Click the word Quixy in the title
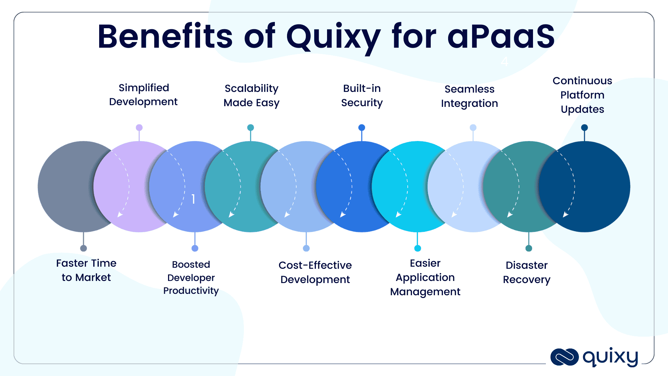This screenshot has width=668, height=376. [x=333, y=37]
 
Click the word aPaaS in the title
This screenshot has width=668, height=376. [x=501, y=37]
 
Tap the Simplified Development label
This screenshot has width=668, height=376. [x=143, y=95]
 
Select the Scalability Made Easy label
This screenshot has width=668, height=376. [x=251, y=95]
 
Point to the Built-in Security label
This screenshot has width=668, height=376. [x=362, y=95]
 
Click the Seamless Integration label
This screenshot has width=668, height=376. [x=469, y=96]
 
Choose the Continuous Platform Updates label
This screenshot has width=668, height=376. [x=582, y=95]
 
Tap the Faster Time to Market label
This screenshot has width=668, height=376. [x=86, y=270]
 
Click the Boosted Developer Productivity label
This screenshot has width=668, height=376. [x=191, y=277]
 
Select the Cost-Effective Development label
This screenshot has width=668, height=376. [x=315, y=272]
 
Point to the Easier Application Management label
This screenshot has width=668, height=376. [x=425, y=277]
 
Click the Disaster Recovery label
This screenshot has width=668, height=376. [x=527, y=272]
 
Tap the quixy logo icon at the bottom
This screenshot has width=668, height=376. [x=564, y=357]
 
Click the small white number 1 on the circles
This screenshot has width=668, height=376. [x=193, y=199]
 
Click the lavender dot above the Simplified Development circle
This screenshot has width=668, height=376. [x=139, y=127]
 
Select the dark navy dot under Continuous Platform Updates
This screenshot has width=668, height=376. [x=584, y=127]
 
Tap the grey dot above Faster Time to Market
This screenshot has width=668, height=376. [x=83, y=248]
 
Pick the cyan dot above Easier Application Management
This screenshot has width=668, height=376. [x=417, y=248]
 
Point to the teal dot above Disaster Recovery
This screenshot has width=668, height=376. [x=529, y=248]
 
